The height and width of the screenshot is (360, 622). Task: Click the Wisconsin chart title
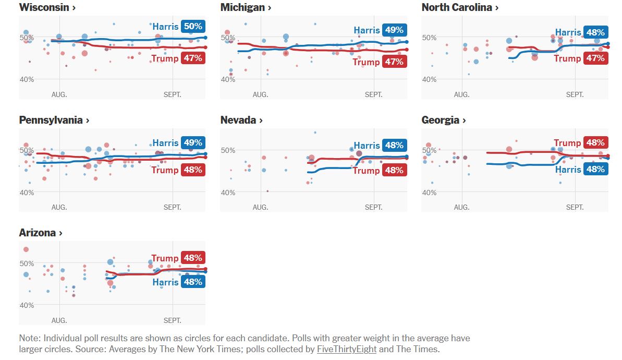click(x=47, y=7)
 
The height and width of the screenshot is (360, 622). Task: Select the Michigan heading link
click(x=246, y=7)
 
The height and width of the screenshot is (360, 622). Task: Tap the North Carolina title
click(x=460, y=7)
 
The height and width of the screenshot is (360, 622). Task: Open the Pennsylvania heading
click(x=54, y=120)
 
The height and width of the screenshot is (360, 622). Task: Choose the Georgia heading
click(x=443, y=120)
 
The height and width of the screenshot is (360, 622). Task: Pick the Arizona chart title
click(x=41, y=233)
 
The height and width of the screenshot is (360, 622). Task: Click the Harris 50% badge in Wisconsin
click(x=193, y=27)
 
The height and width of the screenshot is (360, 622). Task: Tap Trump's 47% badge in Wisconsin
click(x=193, y=58)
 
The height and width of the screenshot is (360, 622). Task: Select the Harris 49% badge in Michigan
click(x=394, y=30)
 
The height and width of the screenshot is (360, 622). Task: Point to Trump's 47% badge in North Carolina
click(x=595, y=58)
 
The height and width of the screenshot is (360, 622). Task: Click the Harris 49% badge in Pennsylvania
click(x=193, y=143)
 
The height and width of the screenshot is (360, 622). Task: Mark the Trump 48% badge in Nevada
click(x=394, y=170)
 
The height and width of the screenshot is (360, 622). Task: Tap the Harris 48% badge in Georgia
click(x=595, y=169)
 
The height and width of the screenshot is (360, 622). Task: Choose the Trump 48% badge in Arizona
click(x=193, y=258)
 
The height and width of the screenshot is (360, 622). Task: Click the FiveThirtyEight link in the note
click(x=346, y=350)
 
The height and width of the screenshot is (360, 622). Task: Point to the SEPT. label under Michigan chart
click(x=373, y=94)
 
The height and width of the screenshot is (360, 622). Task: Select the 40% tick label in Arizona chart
click(x=27, y=305)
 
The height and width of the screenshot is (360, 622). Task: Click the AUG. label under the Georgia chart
click(x=461, y=207)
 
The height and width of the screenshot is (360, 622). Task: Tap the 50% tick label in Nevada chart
click(x=228, y=150)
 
